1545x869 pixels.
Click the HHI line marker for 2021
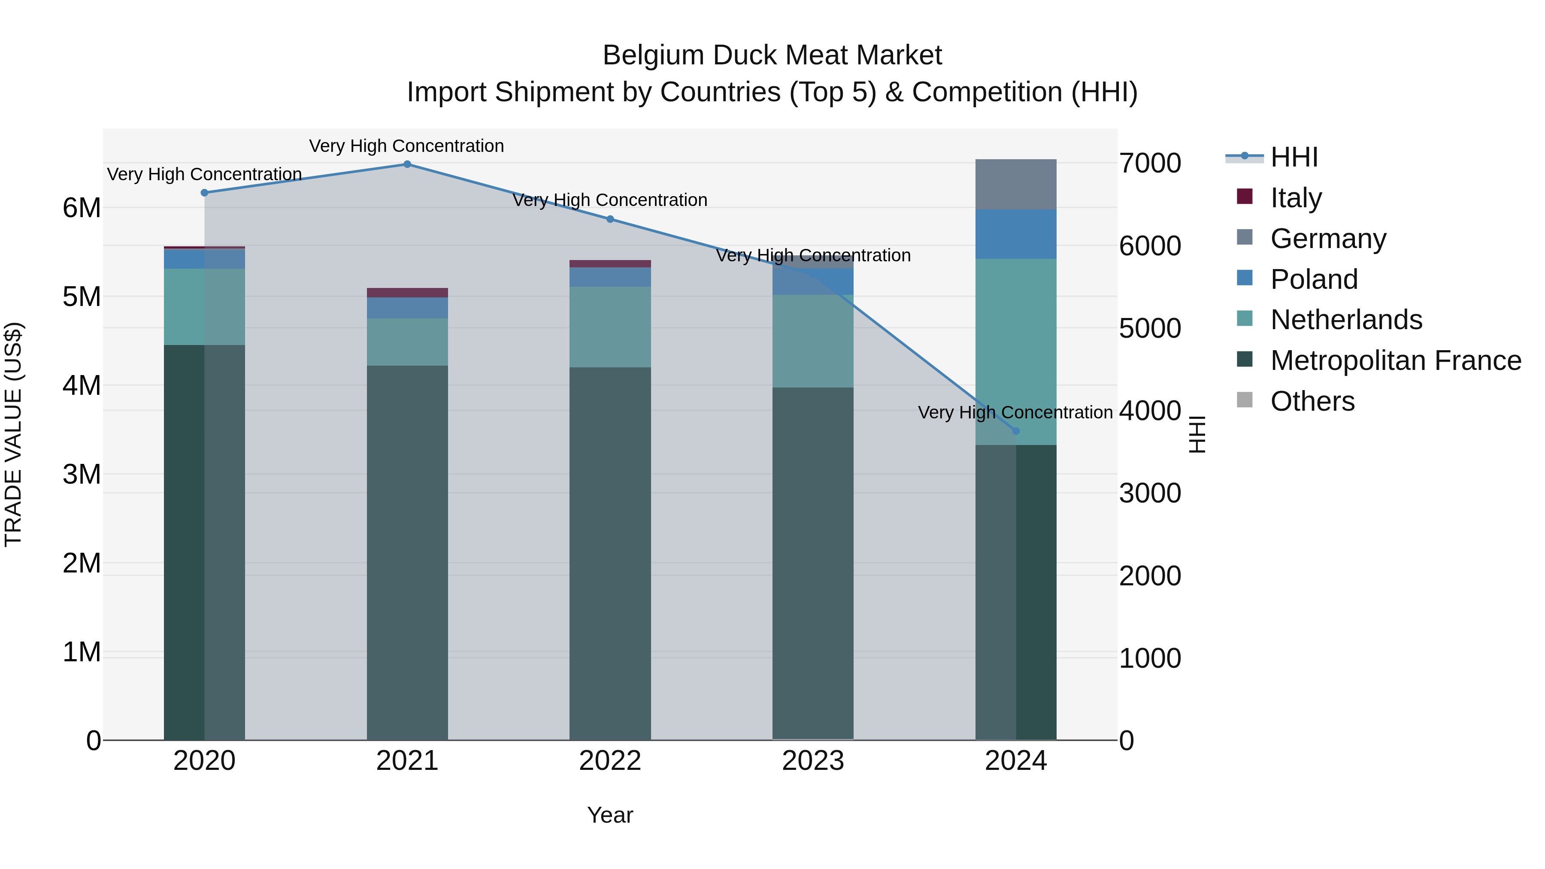407,164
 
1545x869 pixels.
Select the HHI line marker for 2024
1015,431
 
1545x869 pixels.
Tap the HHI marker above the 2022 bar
610,219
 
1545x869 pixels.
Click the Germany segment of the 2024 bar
1015,185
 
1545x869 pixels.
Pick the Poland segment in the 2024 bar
1015,234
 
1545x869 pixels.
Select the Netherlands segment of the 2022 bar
610,327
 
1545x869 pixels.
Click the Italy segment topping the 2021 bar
407,293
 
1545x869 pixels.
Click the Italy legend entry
1296,197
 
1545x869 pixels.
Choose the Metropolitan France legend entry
1395,360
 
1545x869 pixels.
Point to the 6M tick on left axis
82,208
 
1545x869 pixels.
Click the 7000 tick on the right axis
1150,163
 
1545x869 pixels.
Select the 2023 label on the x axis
813,761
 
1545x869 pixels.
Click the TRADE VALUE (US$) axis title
13,434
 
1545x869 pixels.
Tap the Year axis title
610,815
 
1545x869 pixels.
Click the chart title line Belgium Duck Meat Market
772,55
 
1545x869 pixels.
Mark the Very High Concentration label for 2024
1015,412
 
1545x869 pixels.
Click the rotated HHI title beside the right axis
1197,434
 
